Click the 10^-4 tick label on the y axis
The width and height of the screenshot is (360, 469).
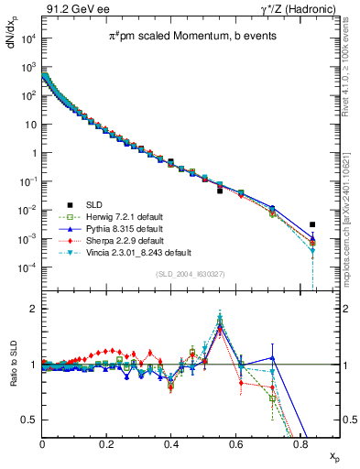coord(27,267)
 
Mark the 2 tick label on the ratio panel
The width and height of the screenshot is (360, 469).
coord(33,309)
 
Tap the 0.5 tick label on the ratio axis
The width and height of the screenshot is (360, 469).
coord(30,420)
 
